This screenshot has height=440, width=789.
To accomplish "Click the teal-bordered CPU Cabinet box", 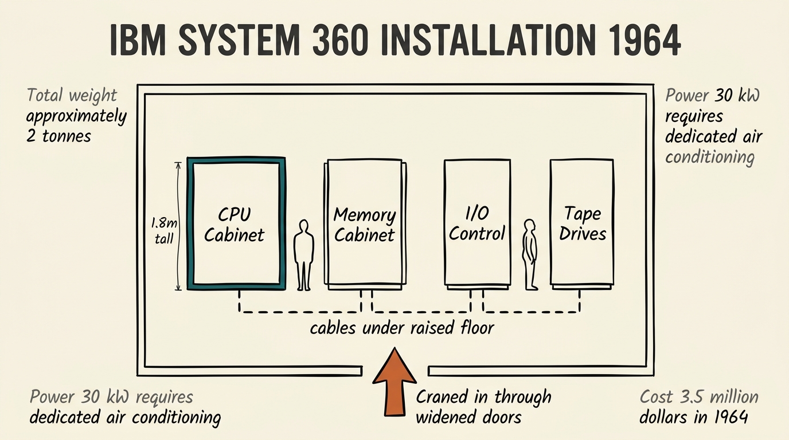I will (x=236, y=224).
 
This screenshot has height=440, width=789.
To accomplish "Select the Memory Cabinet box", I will (x=365, y=224).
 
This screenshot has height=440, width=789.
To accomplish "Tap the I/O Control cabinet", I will (x=477, y=223).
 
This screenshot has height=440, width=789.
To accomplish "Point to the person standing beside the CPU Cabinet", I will (x=304, y=255).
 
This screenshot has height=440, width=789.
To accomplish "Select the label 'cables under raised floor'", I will (x=401, y=328).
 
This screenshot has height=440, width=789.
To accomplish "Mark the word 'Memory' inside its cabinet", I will (x=365, y=215).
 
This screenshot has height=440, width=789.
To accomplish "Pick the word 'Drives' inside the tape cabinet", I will (x=583, y=233).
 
